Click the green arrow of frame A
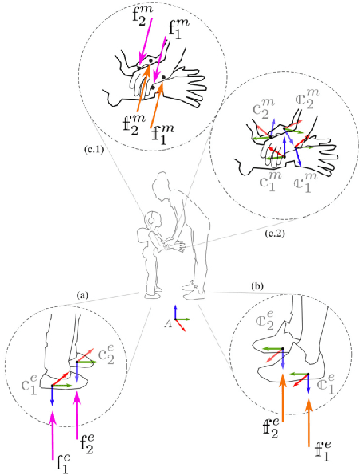(184, 319)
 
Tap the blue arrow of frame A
(177, 312)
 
